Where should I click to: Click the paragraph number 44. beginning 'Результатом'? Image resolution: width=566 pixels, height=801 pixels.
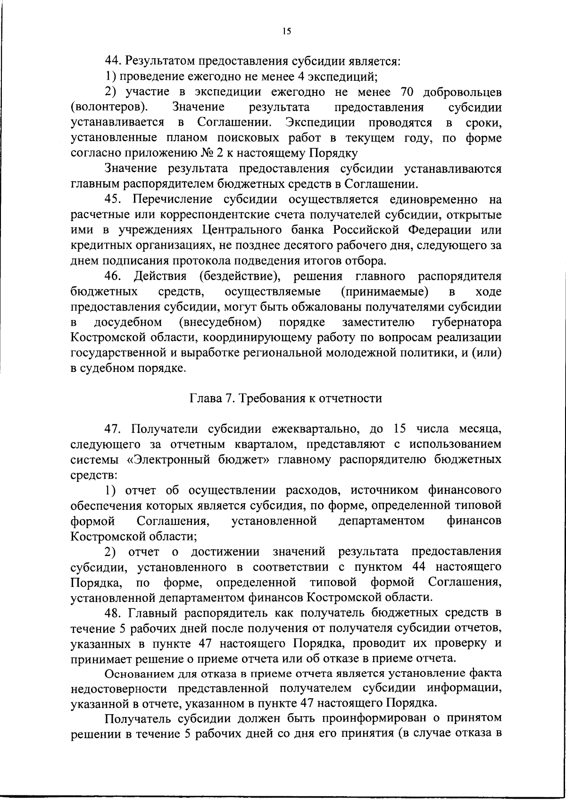point(113,61)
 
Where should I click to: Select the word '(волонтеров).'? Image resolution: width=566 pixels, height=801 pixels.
point(108,107)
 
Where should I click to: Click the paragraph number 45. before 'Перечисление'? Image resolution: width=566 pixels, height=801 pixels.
point(113,200)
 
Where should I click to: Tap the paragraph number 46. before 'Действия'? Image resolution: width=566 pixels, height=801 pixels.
point(113,276)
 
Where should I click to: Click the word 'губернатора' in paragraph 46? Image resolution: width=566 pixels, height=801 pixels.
point(466,322)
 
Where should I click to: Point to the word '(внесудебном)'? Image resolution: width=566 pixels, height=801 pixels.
point(220,322)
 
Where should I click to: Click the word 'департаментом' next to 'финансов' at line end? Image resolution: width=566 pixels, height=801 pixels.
point(381,521)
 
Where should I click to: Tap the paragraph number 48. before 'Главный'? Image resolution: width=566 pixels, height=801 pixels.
point(113,613)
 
